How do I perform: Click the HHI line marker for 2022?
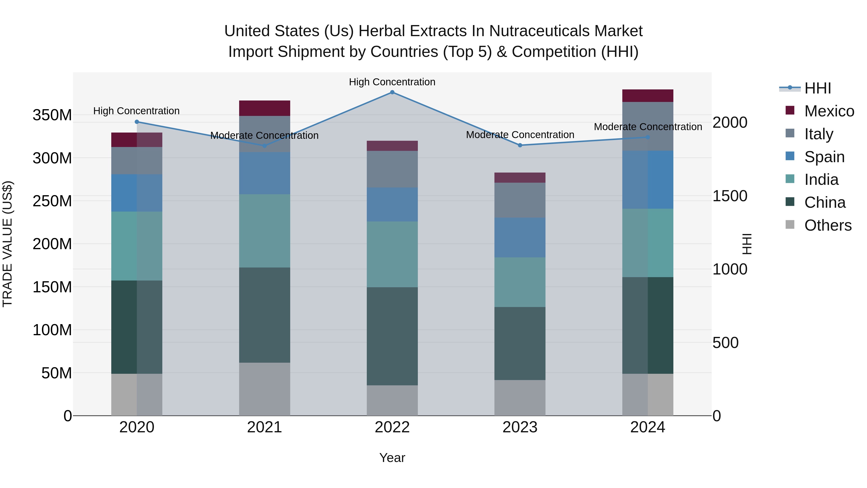click(x=392, y=92)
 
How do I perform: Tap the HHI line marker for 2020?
click(x=137, y=122)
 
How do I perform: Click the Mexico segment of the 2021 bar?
click(x=264, y=108)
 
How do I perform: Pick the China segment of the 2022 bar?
click(x=392, y=336)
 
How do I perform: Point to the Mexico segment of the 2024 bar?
click(x=648, y=96)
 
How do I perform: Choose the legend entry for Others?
click(x=827, y=225)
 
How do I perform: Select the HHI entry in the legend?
click(x=817, y=88)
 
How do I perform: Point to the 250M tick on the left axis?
click(x=52, y=201)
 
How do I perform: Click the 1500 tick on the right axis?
click(x=730, y=196)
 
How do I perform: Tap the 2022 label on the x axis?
click(x=392, y=427)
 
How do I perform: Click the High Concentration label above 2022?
click(x=392, y=82)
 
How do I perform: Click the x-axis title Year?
click(x=392, y=458)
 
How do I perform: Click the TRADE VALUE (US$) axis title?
click(x=7, y=244)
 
